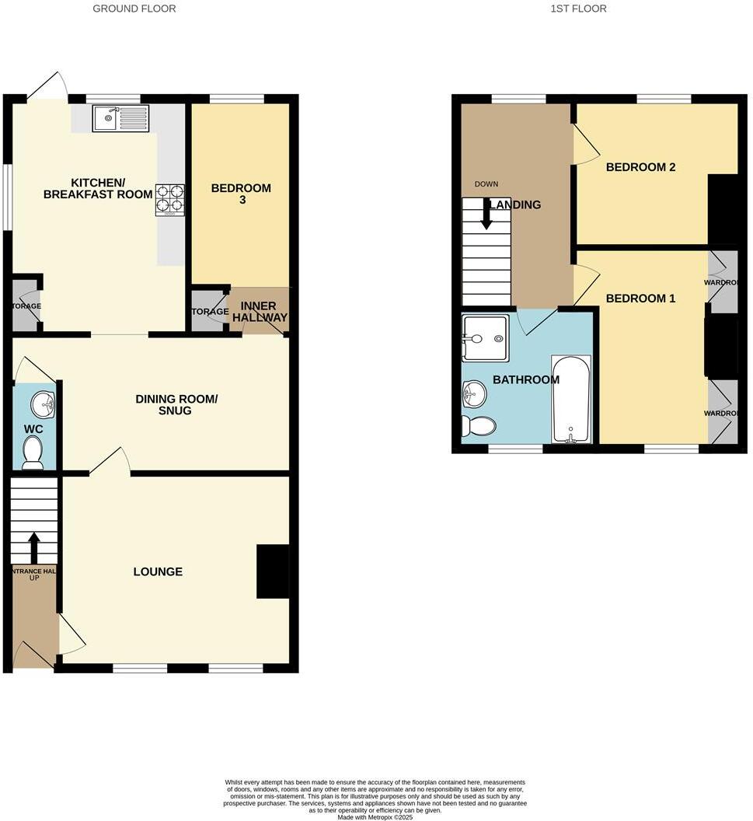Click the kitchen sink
(x=120, y=119)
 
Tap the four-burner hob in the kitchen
(x=170, y=198)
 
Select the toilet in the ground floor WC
(x=33, y=452)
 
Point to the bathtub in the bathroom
(x=571, y=400)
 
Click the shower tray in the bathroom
(x=485, y=338)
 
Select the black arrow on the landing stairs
(x=486, y=214)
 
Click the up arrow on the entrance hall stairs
(x=33, y=547)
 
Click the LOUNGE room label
(x=158, y=571)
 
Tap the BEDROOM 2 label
(x=640, y=167)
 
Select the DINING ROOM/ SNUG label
(x=176, y=404)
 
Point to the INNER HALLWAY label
(x=259, y=311)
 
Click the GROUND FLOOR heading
(x=134, y=9)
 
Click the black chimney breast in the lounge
(x=273, y=571)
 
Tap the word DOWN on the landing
(x=486, y=184)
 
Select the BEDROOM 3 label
(x=241, y=194)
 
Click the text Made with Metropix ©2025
(x=376, y=816)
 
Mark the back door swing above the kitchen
(x=48, y=87)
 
